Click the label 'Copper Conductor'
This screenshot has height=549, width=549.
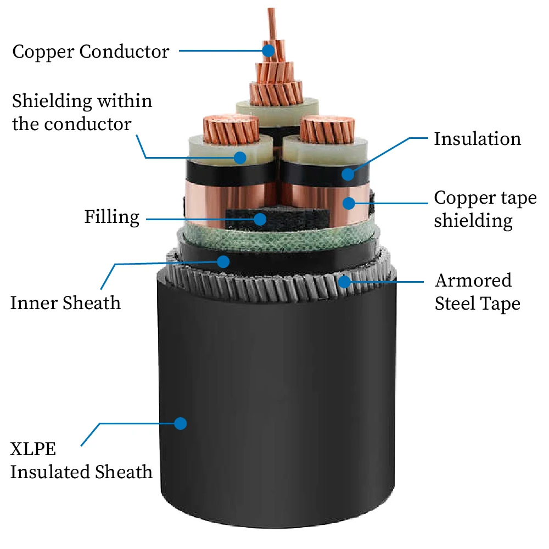tap(91, 52)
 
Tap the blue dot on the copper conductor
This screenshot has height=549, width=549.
tap(268, 51)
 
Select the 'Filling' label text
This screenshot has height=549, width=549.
tap(111, 217)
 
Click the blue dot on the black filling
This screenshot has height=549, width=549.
tap(260, 220)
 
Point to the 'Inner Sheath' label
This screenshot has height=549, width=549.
tap(65, 302)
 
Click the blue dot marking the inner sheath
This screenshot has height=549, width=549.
tap(223, 261)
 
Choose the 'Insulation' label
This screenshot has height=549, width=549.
tap(477, 139)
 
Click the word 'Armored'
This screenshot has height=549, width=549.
tap(473, 281)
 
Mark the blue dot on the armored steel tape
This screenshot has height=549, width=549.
tap(344, 282)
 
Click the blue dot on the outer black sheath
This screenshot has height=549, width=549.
tap(180, 423)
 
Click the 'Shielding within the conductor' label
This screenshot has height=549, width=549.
tap(82, 113)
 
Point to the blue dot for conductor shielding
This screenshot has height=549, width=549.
tap(240, 158)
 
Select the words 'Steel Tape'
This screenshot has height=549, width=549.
tap(477, 304)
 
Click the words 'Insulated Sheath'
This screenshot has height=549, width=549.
tap(81, 472)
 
